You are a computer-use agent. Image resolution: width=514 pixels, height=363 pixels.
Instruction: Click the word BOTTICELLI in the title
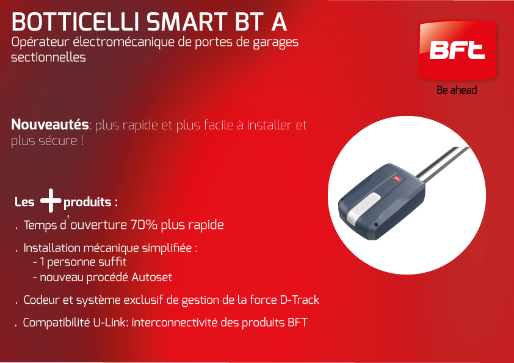click(x=76, y=22)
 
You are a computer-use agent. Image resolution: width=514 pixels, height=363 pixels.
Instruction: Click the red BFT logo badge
click(x=457, y=50)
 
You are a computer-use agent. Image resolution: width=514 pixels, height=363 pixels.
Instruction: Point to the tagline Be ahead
click(x=457, y=90)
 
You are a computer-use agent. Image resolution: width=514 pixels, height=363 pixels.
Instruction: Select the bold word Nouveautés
click(x=50, y=124)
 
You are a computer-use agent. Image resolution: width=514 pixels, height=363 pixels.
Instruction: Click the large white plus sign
click(x=51, y=201)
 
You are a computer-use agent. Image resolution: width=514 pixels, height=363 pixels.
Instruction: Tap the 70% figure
click(x=144, y=225)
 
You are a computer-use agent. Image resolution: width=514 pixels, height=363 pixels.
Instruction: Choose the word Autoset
click(x=152, y=277)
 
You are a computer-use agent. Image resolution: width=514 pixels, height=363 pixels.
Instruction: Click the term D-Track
click(x=300, y=300)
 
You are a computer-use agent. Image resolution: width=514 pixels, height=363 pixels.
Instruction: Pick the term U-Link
click(x=110, y=322)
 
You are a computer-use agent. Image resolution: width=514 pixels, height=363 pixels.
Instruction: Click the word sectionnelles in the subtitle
click(x=48, y=57)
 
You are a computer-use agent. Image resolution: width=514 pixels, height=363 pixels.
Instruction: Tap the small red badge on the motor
click(x=397, y=179)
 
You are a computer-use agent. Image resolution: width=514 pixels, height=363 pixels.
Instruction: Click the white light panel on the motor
click(x=363, y=207)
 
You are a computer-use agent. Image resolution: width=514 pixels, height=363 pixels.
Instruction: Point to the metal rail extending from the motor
click(x=443, y=163)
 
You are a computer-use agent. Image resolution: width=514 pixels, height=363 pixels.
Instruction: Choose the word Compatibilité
click(x=56, y=322)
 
